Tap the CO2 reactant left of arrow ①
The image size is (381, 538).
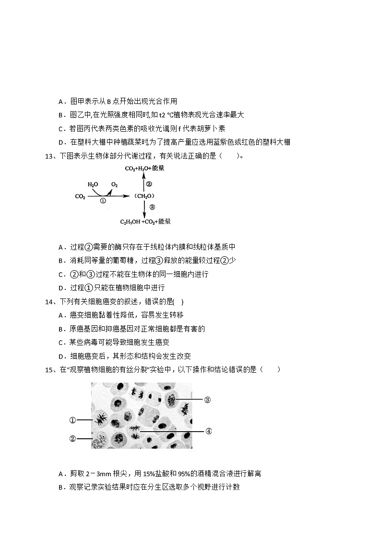80,196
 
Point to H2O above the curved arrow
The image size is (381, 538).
93,184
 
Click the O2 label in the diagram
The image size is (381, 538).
115,184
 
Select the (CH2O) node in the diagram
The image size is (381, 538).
144,196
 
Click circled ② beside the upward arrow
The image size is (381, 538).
149,183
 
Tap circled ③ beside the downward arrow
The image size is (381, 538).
152,207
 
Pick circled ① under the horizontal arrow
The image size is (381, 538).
102,202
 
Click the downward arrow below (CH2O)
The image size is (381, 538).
143,208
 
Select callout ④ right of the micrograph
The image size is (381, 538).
208,431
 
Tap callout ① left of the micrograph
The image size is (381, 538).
72,420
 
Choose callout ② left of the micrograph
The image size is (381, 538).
72,438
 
